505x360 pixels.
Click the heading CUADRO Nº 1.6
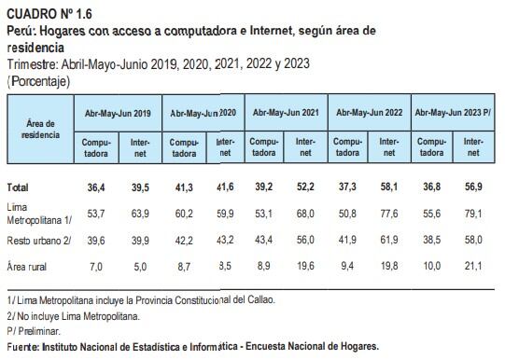tap(49, 12)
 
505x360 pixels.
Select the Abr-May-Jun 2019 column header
tap(117, 112)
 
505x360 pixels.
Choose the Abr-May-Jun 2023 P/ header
tap(455, 112)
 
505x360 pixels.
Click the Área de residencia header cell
tap(40, 129)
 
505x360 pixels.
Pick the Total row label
tap(18, 187)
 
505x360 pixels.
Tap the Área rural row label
tap(28, 267)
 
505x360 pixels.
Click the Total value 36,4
tap(94, 187)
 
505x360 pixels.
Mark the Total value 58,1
tap(389, 187)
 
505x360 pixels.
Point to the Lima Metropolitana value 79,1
tap(473, 214)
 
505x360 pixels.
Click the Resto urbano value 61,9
tap(389, 240)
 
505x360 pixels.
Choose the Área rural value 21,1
tap(473, 267)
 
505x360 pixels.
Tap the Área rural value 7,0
tap(94, 267)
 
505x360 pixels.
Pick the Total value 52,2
tap(306, 187)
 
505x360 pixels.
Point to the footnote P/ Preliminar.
tap(33, 330)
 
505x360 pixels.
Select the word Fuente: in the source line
tap(22, 346)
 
